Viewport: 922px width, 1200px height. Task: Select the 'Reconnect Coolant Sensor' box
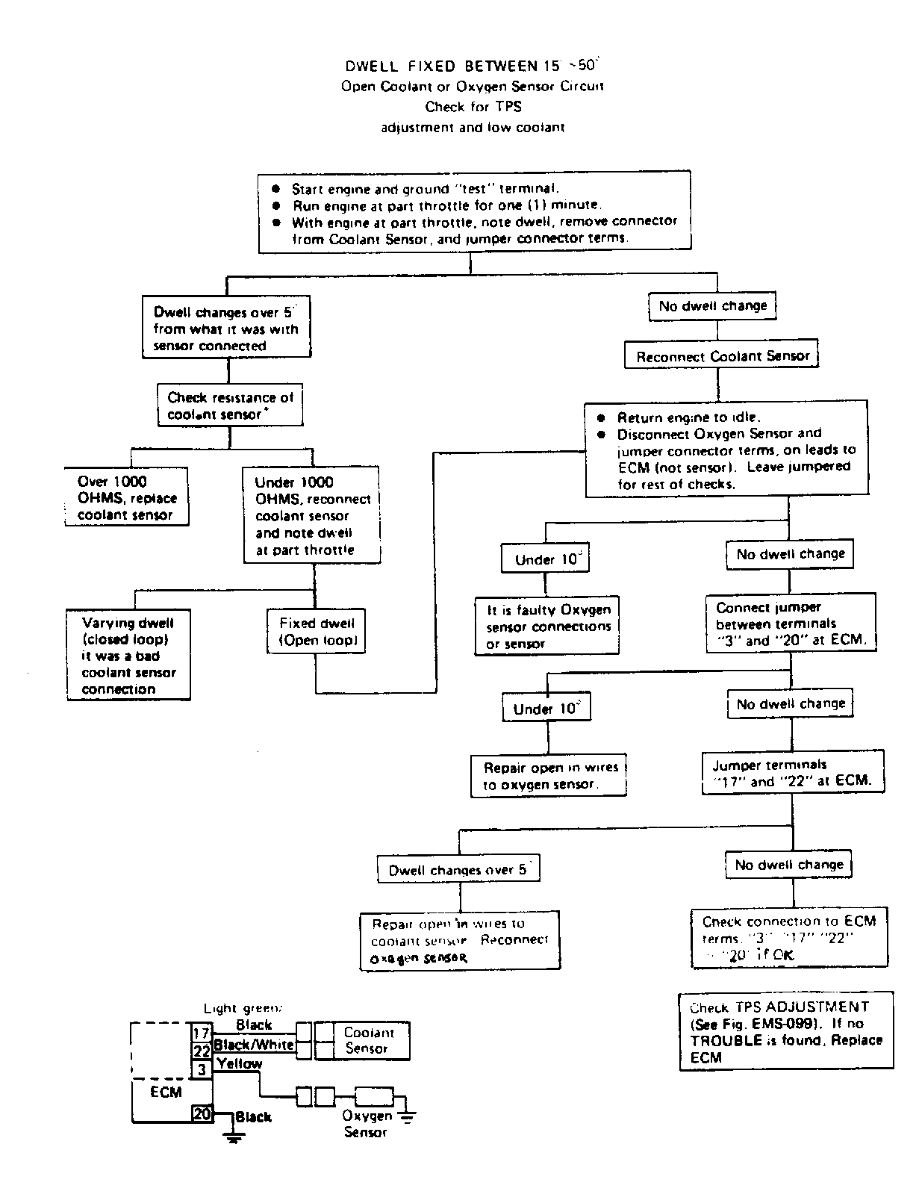(721, 356)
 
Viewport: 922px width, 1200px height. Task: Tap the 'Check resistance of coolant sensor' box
(230, 405)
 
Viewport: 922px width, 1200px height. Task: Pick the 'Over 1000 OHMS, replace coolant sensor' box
(126, 498)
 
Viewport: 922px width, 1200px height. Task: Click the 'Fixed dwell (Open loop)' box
(317, 632)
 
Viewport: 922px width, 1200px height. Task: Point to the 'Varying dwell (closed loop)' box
(128, 656)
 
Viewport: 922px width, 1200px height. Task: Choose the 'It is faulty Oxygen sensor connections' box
(547, 627)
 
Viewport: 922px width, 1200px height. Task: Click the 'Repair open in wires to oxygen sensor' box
(549, 776)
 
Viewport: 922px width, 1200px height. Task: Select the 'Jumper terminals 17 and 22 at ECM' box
(793, 773)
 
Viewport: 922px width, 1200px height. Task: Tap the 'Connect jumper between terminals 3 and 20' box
(791, 624)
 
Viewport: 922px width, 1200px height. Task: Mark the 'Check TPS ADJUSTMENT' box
(786, 1031)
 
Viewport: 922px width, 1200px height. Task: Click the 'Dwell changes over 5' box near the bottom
(458, 869)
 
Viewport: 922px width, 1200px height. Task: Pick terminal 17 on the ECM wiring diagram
(202, 1033)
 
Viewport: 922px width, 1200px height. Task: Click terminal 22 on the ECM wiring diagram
(202, 1051)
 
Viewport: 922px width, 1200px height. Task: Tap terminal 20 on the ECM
(202, 1113)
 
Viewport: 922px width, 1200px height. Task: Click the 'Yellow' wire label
(239, 1063)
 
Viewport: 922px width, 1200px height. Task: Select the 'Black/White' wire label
(254, 1045)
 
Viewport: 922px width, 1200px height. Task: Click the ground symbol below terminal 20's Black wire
(234, 1138)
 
